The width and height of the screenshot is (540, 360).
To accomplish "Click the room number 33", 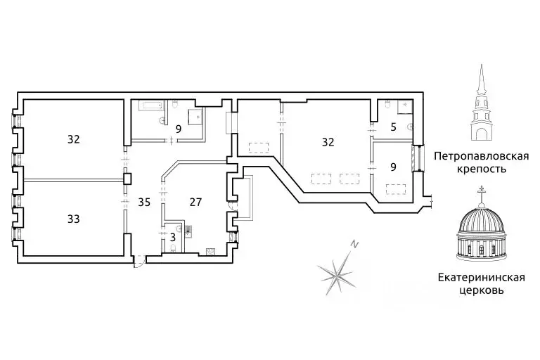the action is point(74,219).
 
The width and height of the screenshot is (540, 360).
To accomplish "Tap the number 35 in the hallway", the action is point(144,202).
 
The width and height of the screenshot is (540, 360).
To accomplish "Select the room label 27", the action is point(195,202).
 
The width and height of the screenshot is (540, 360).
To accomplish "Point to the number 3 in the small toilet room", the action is point(173,238).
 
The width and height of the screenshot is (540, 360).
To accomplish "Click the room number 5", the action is point(393,127).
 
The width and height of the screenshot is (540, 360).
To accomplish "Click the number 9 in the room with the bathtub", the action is point(178,129).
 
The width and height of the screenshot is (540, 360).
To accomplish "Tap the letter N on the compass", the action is point(354,244).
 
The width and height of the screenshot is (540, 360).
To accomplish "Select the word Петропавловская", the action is point(481,156).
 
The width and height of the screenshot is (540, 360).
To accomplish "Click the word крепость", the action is point(481,169).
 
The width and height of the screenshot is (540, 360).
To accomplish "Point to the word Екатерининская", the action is point(481,277).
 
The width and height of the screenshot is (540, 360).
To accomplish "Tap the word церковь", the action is point(481,290).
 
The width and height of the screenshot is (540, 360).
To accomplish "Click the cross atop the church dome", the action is point(481,189).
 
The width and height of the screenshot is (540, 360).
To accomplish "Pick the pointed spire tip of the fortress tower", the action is point(481,65).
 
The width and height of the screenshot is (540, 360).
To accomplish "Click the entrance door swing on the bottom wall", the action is point(139,262).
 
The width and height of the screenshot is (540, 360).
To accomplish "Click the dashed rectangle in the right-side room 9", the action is point(396,190).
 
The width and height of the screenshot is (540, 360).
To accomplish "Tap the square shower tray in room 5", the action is point(405,106).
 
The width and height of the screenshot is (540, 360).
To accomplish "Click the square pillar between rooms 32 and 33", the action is point(127,179).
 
